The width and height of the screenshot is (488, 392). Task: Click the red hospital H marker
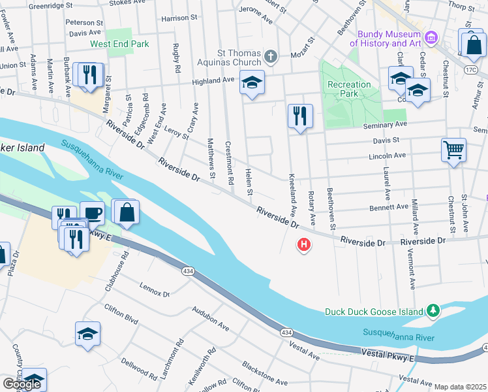pos(303,246)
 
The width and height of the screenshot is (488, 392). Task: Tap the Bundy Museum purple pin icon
pos(429,37)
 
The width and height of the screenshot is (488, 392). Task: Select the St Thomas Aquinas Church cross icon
pos(269,56)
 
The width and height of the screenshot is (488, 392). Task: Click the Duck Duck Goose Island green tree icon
pos(432,311)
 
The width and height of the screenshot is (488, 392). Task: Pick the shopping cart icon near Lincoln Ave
pos(453,150)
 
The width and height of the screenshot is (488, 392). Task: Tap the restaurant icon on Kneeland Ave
pos(300,116)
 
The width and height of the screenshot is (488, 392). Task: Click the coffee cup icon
pos(92,213)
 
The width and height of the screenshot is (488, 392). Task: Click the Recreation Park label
pos(349,89)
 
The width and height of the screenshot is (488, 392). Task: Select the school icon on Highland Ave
pos(252,82)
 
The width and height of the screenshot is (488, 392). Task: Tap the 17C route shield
pos(471,69)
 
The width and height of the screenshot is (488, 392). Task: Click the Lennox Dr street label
pos(155,290)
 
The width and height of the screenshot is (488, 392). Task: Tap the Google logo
pos(22,384)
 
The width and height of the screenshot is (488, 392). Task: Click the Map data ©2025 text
pos(459,387)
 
